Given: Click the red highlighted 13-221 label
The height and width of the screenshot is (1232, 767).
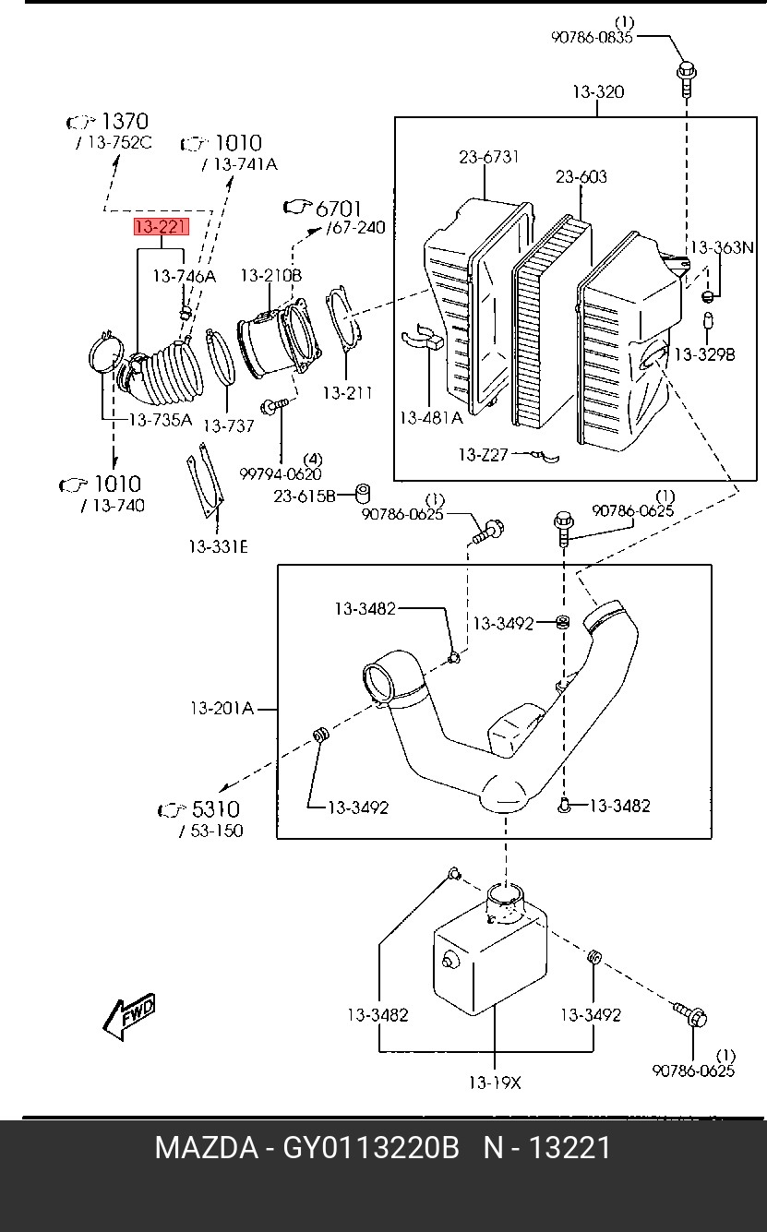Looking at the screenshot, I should (x=162, y=227).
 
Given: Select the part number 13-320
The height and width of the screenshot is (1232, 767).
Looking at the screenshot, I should (x=597, y=92).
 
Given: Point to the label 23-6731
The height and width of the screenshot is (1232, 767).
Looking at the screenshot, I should (x=488, y=157).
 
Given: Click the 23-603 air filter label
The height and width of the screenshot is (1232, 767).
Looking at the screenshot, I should (x=581, y=176).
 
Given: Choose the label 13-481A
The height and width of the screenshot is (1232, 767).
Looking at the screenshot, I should (x=430, y=417).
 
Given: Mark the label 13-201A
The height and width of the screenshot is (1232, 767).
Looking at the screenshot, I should (x=222, y=709).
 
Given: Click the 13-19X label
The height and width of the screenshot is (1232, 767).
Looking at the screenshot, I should (x=494, y=1082).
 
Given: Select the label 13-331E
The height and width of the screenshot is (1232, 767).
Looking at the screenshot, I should (x=218, y=546).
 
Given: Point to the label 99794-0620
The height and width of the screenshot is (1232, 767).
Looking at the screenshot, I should (x=281, y=474).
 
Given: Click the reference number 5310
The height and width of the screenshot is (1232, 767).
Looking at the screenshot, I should (x=215, y=809).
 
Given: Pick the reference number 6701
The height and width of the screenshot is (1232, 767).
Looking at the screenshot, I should (x=339, y=209).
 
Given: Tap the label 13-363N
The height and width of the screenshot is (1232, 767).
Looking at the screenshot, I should (x=722, y=247).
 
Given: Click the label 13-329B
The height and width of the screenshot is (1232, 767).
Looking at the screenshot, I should (x=703, y=353).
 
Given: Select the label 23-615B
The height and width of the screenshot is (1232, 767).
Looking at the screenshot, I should (x=305, y=496).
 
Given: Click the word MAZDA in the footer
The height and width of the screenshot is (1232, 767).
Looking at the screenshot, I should (x=206, y=1148).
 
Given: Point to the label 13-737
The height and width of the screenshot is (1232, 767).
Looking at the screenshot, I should (x=228, y=425).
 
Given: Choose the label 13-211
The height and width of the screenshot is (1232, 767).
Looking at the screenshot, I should (x=347, y=392).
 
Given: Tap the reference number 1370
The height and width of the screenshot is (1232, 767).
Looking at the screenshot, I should (x=124, y=121).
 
